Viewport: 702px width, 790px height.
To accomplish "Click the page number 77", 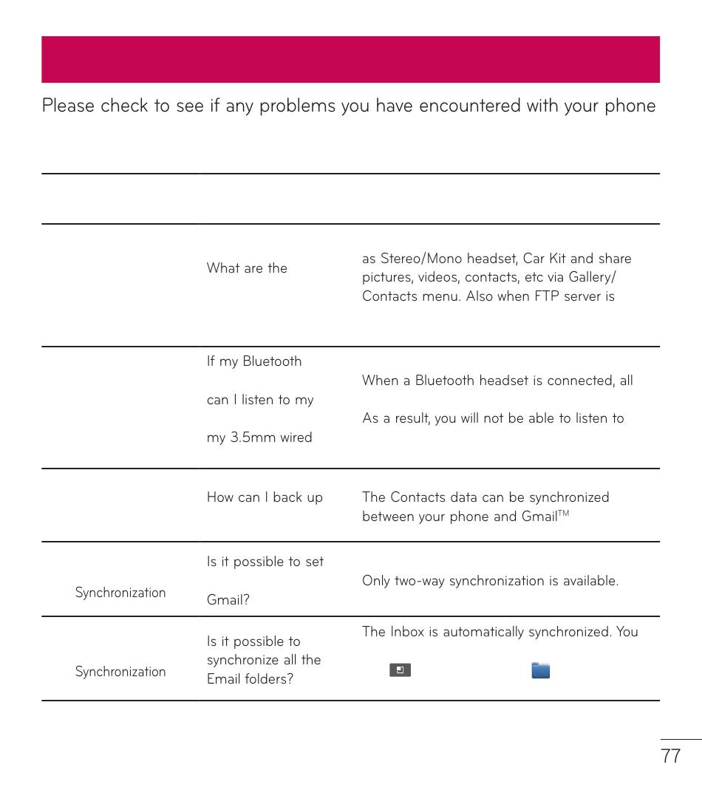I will pos(670,756).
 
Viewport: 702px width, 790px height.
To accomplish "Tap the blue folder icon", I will pos(541,670).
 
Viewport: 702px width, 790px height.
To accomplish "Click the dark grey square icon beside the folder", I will pos(400,670).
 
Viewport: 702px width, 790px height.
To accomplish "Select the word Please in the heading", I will pos(68,106).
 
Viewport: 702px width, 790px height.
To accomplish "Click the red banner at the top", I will pos(350,59).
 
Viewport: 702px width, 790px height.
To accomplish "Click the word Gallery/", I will pos(590,277).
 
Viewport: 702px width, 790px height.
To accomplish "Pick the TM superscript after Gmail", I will pos(564,512).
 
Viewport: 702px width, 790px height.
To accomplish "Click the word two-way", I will pos(419,581).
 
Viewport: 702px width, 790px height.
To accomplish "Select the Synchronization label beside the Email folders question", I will pos(120,672).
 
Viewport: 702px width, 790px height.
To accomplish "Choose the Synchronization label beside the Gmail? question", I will pos(120,593).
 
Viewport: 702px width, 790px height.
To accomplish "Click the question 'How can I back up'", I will pos(265,497).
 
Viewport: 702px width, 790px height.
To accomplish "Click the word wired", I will pos(296,437).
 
